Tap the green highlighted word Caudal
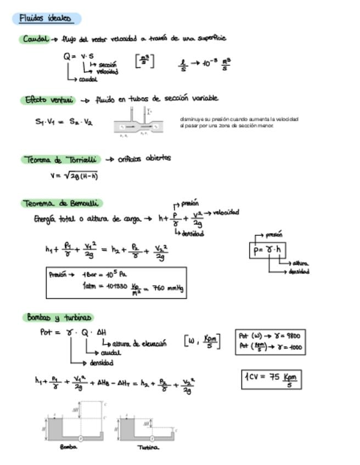pyautogui.click(x=35, y=39)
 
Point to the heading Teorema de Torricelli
pyautogui.click(x=61, y=160)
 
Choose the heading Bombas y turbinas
pyautogui.click(x=59, y=317)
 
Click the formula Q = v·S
pyautogui.click(x=78, y=56)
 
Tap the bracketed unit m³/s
pyautogui.click(x=144, y=61)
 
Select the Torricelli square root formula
pyautogui.click(x=74, y=176)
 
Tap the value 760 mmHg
pyautogui.click(x=167, y=288)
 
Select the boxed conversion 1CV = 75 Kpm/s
pyautogui.click(x=271, y=379)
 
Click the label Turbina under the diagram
pyautogui.click(x=148, y=447)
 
